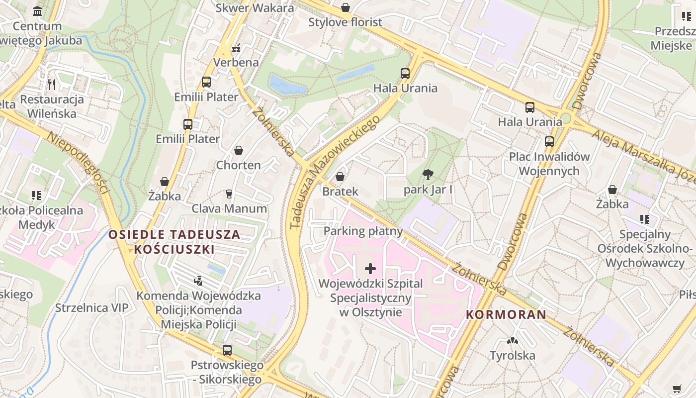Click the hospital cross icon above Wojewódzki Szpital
370,269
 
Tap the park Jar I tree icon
428,175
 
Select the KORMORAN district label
506,314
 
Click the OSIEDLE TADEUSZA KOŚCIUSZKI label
174,242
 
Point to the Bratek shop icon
340,177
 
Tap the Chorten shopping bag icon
239,150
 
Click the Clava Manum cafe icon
229,194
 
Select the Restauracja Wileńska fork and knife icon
52,84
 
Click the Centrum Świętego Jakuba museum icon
37,11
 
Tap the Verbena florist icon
236,48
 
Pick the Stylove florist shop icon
345,7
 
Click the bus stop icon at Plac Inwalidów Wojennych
549,142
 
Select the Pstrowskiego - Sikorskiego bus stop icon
227,350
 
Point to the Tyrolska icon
512,341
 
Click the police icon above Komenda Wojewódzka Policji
198,281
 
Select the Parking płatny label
363,231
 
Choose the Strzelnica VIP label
91,308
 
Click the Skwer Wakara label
255,8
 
